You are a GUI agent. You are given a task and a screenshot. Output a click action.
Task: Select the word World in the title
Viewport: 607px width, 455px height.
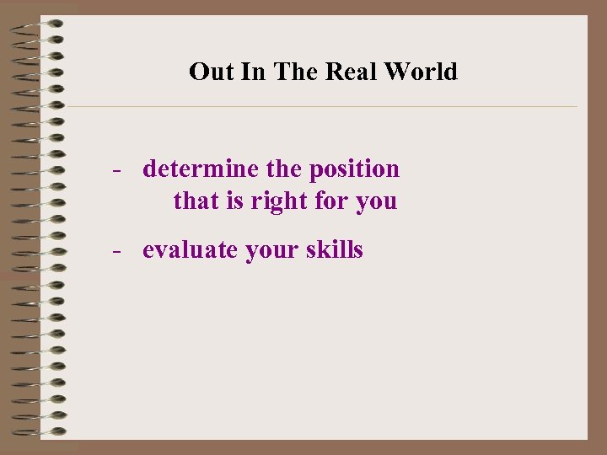tap(421, 72)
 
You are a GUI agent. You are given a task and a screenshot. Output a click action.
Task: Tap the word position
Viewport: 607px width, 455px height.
tap(355, 169)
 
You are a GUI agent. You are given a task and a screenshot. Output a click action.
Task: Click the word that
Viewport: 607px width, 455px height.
tap(196, 201)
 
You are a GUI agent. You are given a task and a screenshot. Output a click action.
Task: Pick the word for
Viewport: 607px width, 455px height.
tap(329, 201)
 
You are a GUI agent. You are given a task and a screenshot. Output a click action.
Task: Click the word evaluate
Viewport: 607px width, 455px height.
tap(191, 250)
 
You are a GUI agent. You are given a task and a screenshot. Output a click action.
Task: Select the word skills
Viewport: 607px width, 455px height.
tap(336, 249)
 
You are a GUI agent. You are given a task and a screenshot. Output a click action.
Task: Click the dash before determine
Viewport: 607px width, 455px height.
tap(120, 169)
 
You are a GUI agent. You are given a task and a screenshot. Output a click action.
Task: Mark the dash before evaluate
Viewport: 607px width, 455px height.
tap(120, 250)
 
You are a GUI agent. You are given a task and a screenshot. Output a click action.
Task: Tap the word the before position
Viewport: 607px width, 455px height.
tap(283, 169)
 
